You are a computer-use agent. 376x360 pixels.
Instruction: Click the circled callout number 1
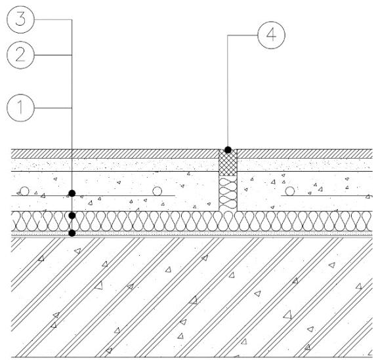[x=20, y=108]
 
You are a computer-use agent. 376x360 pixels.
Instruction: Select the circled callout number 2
[x=20, y=55]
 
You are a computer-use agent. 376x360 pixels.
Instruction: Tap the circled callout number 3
[x=20, y=19]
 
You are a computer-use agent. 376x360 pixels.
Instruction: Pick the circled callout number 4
[x=271, y=35]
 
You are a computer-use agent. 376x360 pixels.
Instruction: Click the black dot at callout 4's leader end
[x=228, y=150]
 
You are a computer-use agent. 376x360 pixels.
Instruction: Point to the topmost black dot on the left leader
[x=72, y=193]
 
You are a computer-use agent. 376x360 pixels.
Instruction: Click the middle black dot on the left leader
[x=72, y=216]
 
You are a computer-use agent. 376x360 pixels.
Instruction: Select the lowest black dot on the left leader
[x=72, y=233]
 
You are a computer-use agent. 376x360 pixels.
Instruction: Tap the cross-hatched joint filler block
[x=228, y=163]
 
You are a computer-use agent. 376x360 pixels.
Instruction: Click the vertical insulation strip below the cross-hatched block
[x=228, y=193]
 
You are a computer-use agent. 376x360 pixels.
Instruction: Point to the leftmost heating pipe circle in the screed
[x=24, y=191]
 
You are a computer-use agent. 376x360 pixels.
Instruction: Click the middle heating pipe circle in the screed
[x=157, y=191]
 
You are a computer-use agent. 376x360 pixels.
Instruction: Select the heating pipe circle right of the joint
[x=290, y=191]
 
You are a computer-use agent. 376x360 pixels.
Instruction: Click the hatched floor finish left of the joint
[x=115, y=153]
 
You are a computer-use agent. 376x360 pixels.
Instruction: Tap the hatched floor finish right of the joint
[x=304, y=153]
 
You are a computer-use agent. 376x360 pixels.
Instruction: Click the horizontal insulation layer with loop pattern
[x=192, y=221]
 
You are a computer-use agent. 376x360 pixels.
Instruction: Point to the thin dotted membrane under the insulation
[x=192, y=233]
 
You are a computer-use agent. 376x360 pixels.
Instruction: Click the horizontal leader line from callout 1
[x=53, y=108]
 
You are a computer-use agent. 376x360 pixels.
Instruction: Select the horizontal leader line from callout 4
[x=242, y=35]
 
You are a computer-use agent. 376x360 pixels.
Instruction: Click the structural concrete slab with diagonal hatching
[x=192, y=297]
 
